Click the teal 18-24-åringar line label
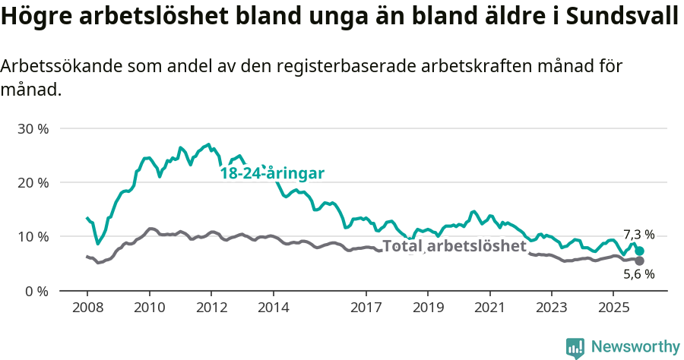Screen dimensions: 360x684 [272, 174]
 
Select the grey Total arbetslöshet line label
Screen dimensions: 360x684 [454, 246]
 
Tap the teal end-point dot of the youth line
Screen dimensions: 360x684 [640, 251]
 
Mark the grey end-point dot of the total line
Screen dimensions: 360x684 [640, 261]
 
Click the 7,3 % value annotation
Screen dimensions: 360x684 [638, 235]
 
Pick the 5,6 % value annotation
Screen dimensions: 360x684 [638, 275]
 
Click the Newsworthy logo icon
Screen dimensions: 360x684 [575, 348]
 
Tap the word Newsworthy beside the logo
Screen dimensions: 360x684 [635, 347]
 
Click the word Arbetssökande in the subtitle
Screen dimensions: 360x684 [60, 67]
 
